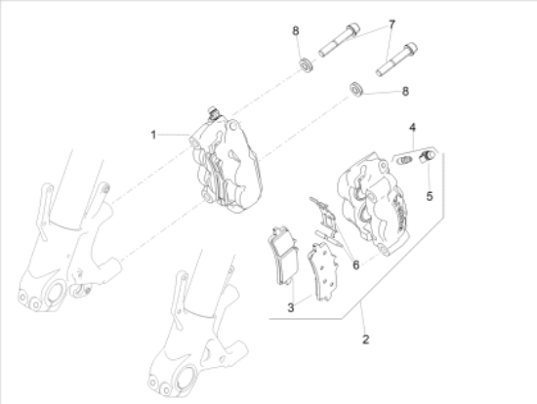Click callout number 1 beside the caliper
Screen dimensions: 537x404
point(153,135)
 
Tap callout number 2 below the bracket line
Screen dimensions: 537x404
point(366,340)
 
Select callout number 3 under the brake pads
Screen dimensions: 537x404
point(290,307)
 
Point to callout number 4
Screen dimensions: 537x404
point(413,128)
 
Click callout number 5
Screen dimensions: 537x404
point(430,196)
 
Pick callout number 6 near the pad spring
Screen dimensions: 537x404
point(356,264)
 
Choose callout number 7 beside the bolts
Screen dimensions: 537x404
point(392,24)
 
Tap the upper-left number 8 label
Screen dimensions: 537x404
point(296,31)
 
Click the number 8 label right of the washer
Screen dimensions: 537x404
point(405,91)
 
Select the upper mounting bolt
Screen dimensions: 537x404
point(339,40)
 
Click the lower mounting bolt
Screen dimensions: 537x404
point(396,60)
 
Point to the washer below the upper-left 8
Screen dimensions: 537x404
point(306,65)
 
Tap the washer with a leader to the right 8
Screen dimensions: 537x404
point(356,89)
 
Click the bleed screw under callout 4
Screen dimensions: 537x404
point(404,160)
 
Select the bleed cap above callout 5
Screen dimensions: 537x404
point(427,157)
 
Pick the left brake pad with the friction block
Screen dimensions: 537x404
point(283,255)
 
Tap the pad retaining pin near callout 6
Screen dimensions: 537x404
point(329,239)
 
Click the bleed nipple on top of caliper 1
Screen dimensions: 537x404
point(214,113)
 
